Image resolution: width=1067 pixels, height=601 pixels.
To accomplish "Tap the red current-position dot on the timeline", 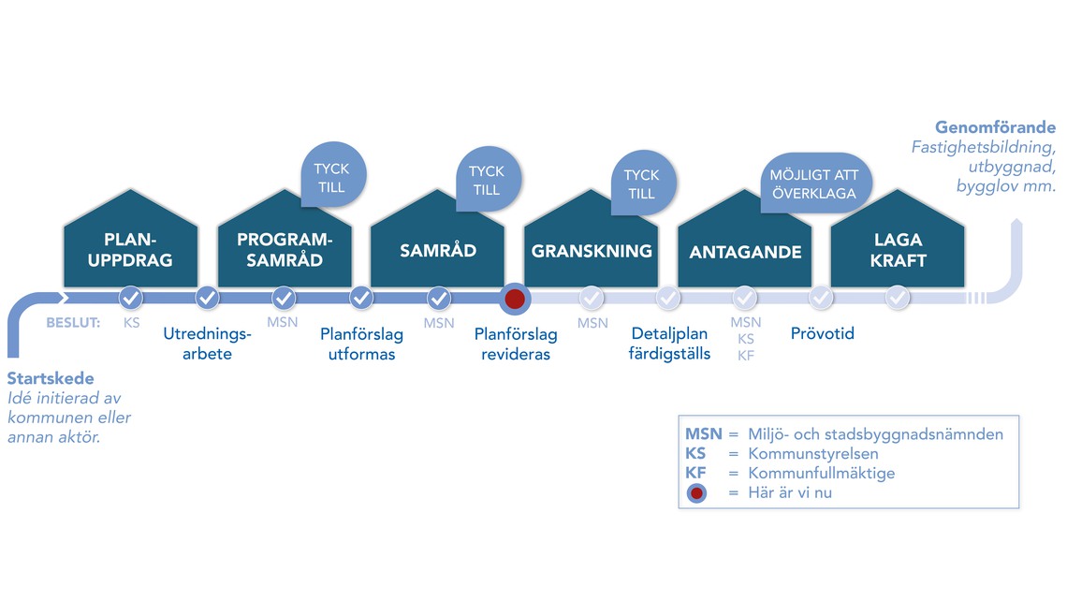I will tap(514, 300).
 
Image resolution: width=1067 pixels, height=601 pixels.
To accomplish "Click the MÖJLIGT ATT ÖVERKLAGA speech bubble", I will tap(813, 183).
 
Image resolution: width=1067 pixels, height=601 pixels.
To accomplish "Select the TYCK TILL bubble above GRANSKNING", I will tap(641, 183).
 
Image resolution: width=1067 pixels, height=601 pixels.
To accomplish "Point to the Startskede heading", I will tap(51, 380).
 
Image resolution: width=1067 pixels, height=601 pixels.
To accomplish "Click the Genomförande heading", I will tap(995, 128).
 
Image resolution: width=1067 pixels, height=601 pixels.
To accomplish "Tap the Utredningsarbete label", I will tap(207, 343).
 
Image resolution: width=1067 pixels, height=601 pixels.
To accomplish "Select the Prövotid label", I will tap(822, 333).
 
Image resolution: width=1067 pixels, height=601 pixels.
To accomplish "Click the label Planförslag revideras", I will tap(515, 344).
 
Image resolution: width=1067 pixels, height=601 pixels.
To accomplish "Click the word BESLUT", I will tap(73, 324).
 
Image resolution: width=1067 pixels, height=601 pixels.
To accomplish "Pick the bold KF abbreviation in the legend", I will tap(695, 473).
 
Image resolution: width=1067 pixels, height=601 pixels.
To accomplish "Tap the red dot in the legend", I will tap(696, 492).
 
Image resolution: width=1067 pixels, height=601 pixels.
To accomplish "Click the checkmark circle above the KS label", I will tap(131, 299).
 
